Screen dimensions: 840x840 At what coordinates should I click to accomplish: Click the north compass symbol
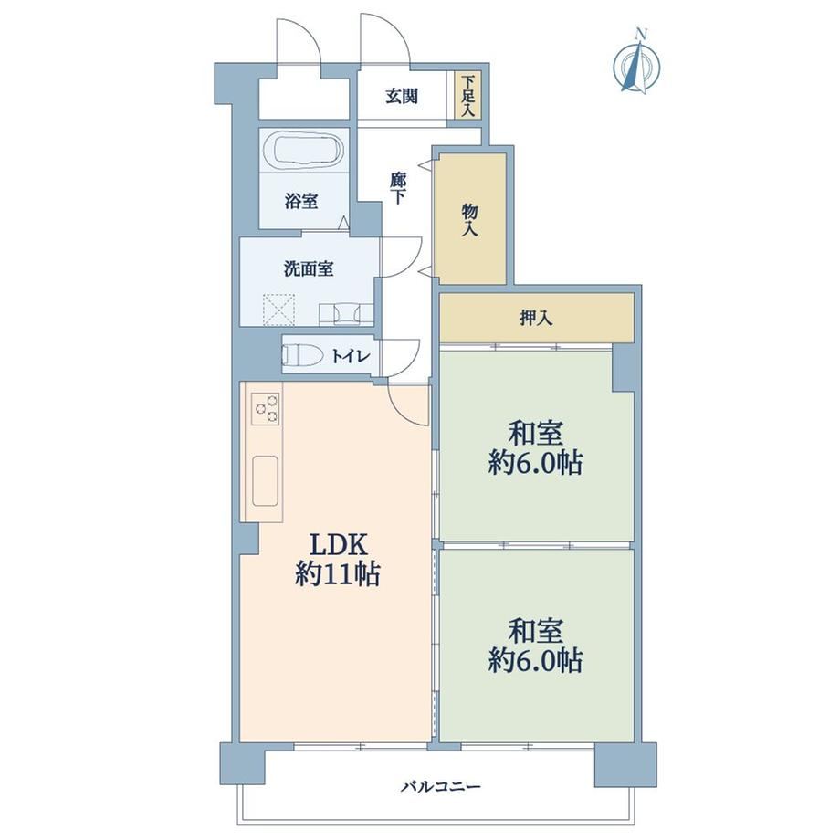click(636, 63)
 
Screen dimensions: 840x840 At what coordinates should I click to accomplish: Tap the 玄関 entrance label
click(402, 97)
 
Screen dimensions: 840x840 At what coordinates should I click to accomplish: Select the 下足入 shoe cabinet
click(468, 95)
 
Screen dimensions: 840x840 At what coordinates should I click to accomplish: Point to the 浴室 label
click(301, 201)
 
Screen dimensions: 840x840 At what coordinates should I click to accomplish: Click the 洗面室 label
click(309, 268)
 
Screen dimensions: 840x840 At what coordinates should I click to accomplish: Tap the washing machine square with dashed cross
click(278, 310)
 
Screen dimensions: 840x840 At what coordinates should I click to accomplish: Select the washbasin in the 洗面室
click(345, 313)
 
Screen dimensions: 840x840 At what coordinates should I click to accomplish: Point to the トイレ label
click(351, 356)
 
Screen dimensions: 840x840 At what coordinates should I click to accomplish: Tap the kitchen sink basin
click(265, 480)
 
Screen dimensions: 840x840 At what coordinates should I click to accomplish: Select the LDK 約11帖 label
click(338, 561)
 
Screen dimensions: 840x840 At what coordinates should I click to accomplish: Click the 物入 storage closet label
click(470, 220)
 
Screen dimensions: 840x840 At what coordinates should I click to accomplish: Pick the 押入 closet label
click(536, 319)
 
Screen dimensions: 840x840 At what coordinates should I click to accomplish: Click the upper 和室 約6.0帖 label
click(536, 448)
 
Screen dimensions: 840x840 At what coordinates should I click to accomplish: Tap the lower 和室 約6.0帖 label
click(536, 645)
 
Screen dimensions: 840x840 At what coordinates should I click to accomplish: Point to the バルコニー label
click(441, 787)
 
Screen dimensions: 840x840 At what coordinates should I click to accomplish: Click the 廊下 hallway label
click(397, 188)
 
